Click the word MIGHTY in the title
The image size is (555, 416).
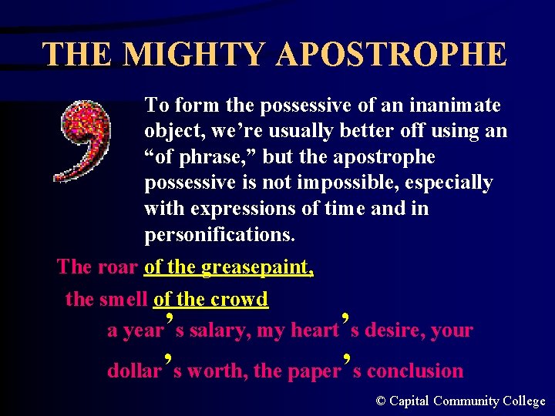[x=192, y=55]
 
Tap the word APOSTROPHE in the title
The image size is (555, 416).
[x=392, y=55]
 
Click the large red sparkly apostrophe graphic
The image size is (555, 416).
[x=83, y=141]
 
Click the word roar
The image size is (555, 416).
[x=118, y=267]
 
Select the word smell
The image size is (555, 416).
[x=125, y=299]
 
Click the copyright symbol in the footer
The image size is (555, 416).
[x=381, y=401]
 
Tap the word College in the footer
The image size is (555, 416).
[x=523, y=401]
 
